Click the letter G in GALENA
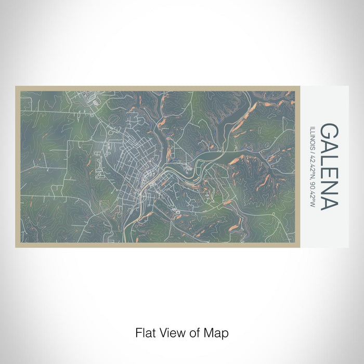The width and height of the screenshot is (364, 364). pos(328,131)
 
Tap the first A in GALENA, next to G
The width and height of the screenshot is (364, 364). pos(328,147)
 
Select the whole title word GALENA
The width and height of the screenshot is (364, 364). pos(328,166)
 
